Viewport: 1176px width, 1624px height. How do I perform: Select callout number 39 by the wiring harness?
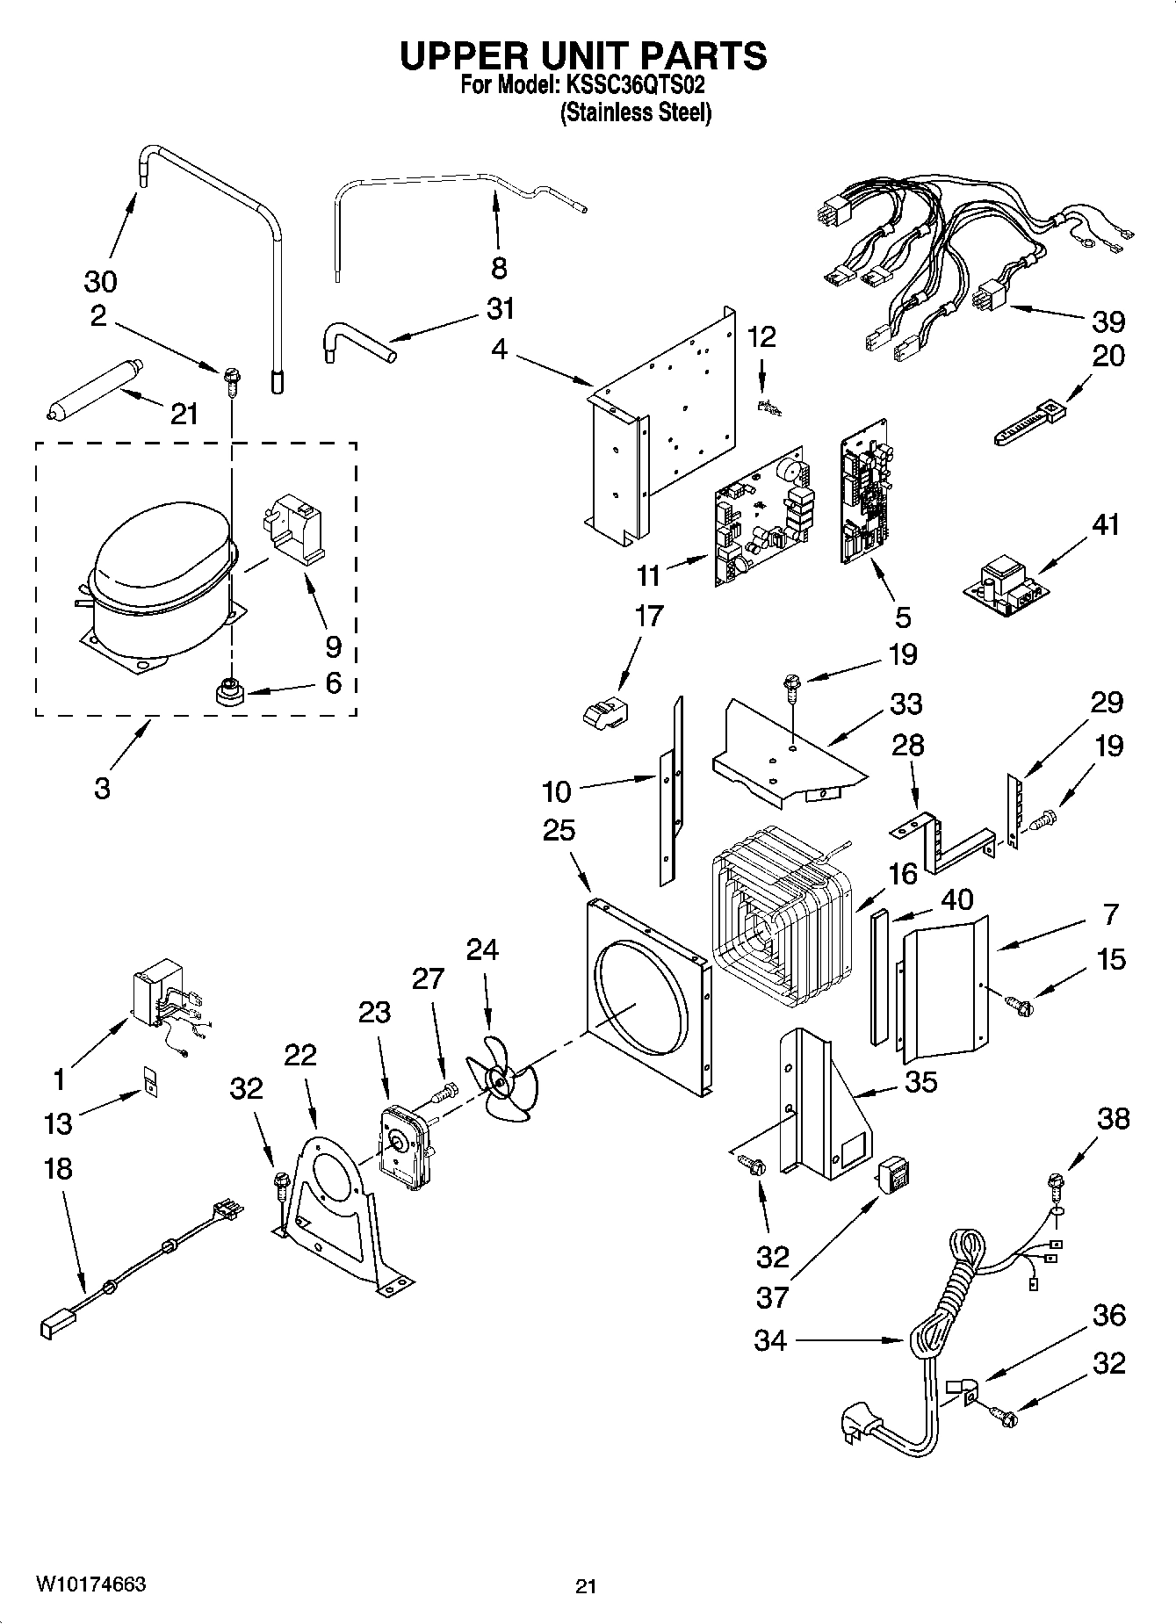click(x=1108, y=321)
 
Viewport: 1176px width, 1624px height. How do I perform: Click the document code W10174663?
click(x=91, y=1584)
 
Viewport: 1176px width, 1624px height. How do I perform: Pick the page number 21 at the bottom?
click(x=586, y=1586)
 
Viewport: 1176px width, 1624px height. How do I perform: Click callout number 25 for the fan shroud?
click(x=559, y=830)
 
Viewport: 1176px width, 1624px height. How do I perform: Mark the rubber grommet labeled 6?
click(x=230, y=690)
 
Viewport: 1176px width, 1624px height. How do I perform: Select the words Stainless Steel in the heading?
click(x=636, y=112)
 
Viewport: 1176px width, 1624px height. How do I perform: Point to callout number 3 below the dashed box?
click(x=102, y=788)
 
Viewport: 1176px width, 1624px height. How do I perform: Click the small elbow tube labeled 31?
click(x=357, y=344)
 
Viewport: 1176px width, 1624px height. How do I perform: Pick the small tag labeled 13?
click(x=150, y=1081)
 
